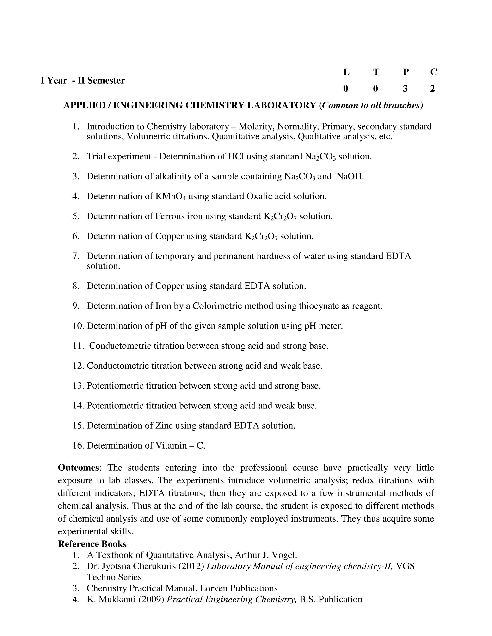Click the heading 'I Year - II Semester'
[x=83, y=80]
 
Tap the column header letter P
[x=406, y=72]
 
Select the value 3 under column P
[x=405, y=89]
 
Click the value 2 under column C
[x=432, y=89]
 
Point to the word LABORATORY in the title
[x=282, y=105]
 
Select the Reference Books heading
[x=92, y=544]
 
